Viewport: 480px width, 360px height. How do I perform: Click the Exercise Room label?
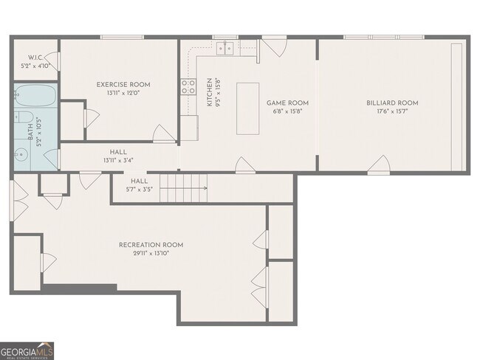coord(123,85)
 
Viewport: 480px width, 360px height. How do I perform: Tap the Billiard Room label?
coord(392,103)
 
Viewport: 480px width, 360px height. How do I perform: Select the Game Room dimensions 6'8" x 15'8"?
coord(288,111)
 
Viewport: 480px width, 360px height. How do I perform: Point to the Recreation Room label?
coord(151,245)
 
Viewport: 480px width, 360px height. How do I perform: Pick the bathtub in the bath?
coord(35,95)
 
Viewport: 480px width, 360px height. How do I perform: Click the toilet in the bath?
coord(24,117)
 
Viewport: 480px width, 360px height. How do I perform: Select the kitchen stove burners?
coord(188,86)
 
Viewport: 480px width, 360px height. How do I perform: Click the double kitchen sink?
coord(225,49)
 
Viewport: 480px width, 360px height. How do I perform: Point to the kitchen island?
coord(247,108)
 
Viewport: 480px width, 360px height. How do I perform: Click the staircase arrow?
coord(183,188)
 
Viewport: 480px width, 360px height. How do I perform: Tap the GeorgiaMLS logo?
coord(27,351)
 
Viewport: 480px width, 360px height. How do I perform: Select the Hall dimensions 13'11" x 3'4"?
coord(118,160)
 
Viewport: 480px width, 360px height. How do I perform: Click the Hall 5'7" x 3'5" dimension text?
coord(140,190)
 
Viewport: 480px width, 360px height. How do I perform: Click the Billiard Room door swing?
coord(379,165)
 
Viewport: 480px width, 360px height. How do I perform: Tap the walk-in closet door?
coord(54,61)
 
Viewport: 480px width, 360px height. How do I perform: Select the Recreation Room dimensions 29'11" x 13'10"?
coord(151,253)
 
